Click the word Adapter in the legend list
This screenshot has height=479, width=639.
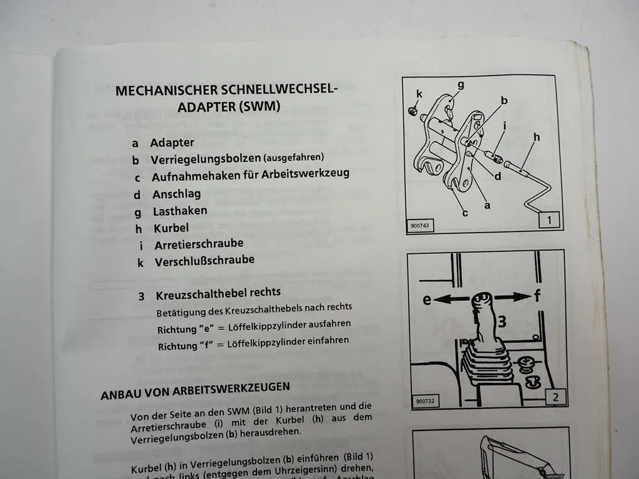[172, 143]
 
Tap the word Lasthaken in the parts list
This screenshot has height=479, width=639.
[180, 211]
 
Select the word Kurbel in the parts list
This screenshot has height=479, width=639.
[171, 228]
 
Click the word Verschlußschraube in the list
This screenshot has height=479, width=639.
[204, 261]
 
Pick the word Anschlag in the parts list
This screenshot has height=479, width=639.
[177, 195]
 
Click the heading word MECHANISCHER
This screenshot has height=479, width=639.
[166, 91]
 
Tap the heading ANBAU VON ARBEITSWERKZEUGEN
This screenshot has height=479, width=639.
[195, 390]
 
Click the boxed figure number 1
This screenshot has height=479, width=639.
[549, 220]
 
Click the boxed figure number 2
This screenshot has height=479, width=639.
[555, 397]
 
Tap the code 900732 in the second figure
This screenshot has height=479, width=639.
[423, 401]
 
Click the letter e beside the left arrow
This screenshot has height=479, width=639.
[427, 300]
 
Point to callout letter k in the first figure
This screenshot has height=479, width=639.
[419, 94]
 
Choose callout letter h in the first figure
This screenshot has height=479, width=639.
[536, 137]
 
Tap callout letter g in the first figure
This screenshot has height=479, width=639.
[460, 85]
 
